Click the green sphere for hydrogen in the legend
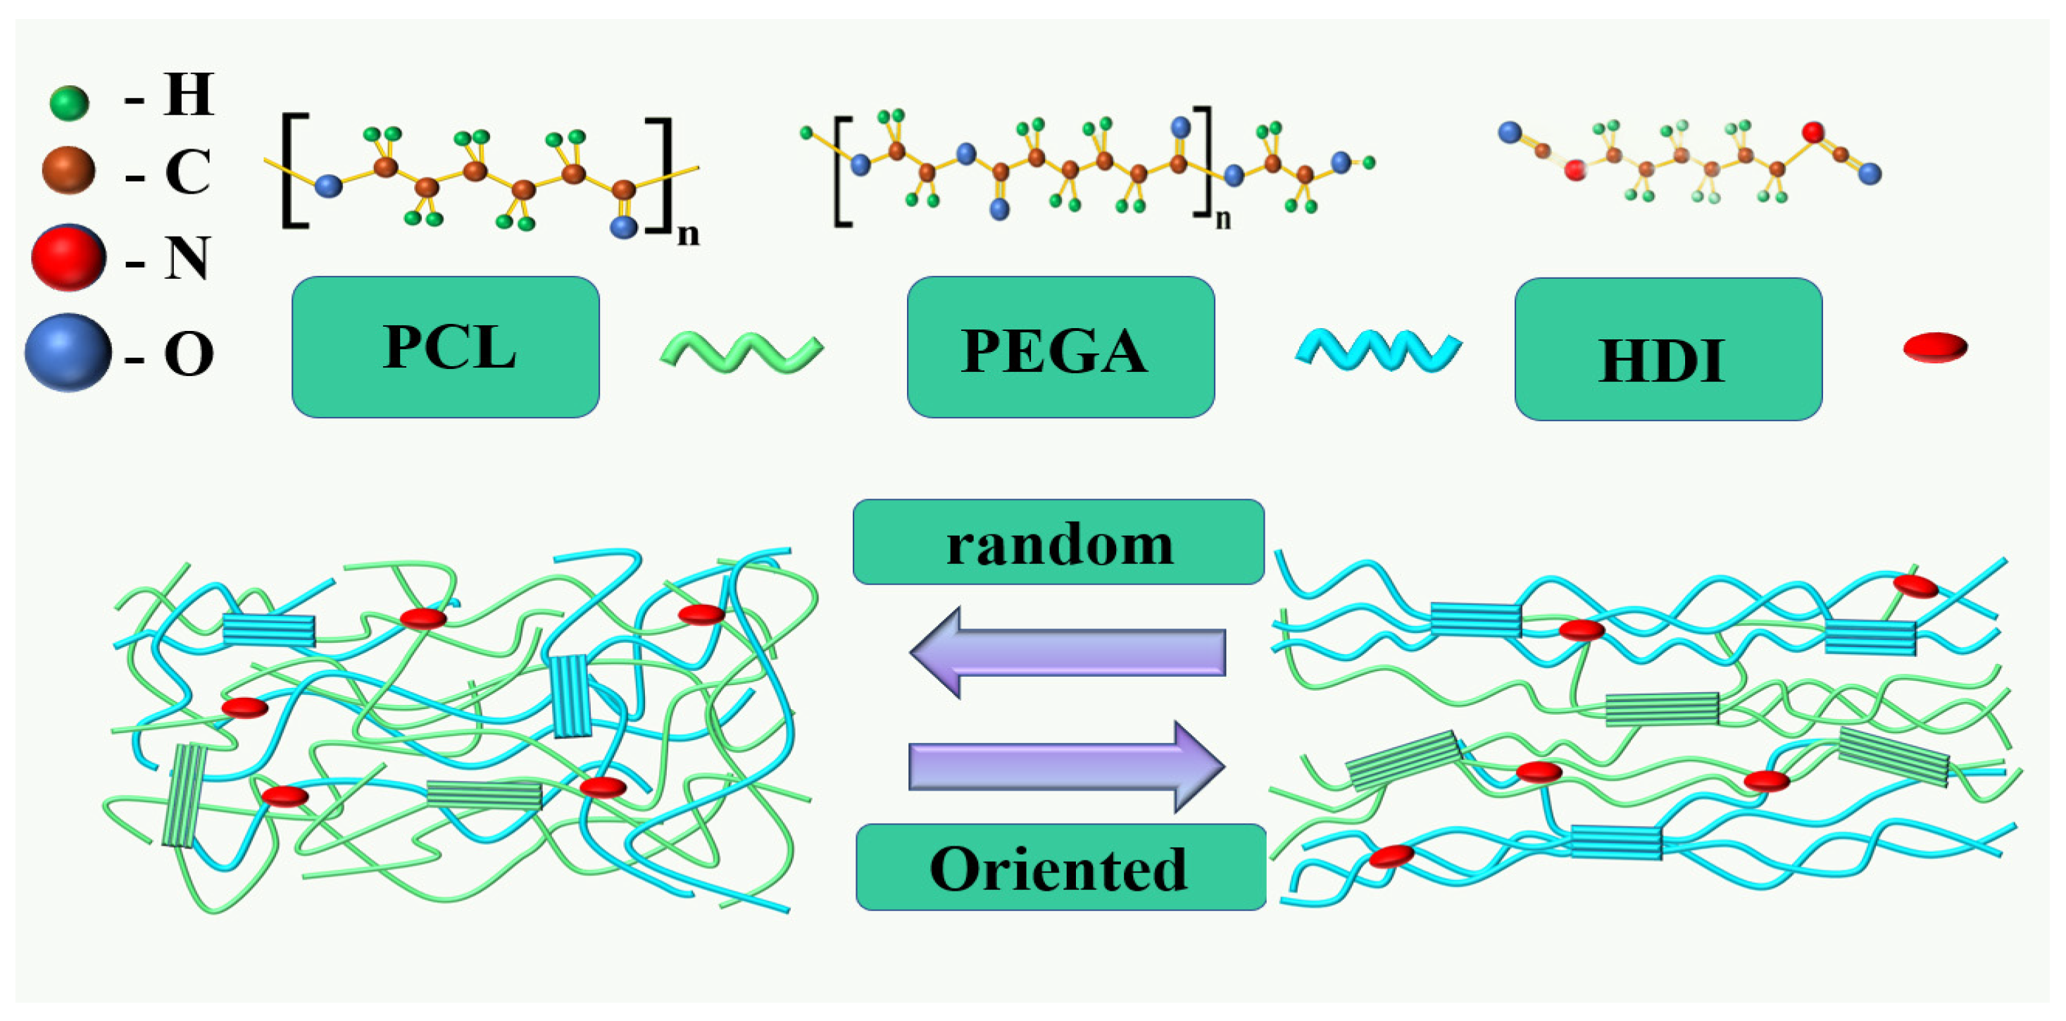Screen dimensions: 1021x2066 click(x=69, y=103)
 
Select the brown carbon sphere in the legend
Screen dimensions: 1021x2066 click(x=68, y=170)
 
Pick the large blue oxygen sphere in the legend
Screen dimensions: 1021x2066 click(x=68, y=352)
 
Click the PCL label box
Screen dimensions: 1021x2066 click(x=445, y=347)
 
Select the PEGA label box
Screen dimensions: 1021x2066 click(x=1060, y=347)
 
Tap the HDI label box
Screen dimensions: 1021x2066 click(x=1667, y=349)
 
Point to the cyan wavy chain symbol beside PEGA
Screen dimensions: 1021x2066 click(x=1378, y=351)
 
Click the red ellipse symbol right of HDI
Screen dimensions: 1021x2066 click(x=1935, y=347)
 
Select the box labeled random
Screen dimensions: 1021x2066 click(x=1058, y=542)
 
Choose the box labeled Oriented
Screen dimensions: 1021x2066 click(x=1060, y=867)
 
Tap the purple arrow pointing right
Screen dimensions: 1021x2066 click(x=1067, y=766)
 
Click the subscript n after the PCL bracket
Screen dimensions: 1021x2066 click(x=688, y=234)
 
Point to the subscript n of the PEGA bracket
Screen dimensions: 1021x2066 click(x=1222, y=219)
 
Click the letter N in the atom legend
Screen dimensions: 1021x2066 click(x=187, y=258)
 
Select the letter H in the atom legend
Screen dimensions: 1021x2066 click(x=189, y=94)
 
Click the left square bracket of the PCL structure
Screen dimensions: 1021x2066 click(x=295, y=172)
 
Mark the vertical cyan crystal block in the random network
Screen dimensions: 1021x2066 click(x=572, y=696)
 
